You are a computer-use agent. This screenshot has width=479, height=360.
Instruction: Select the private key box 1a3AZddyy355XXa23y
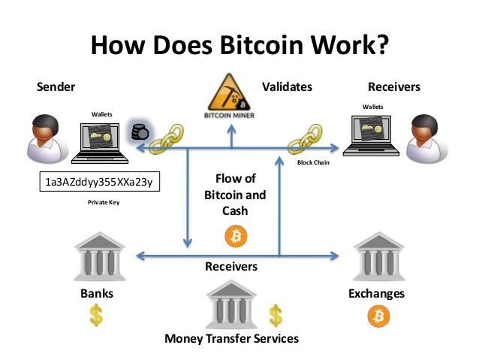tap(100, 182)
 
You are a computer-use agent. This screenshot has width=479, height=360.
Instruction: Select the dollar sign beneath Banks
tap(95, 314)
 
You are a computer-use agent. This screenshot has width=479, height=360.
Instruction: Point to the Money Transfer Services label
tap(231, 338)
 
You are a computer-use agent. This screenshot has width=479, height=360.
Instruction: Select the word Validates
tap(286, 87)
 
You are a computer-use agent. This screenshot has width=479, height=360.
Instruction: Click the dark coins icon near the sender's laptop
tap(140, 132)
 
